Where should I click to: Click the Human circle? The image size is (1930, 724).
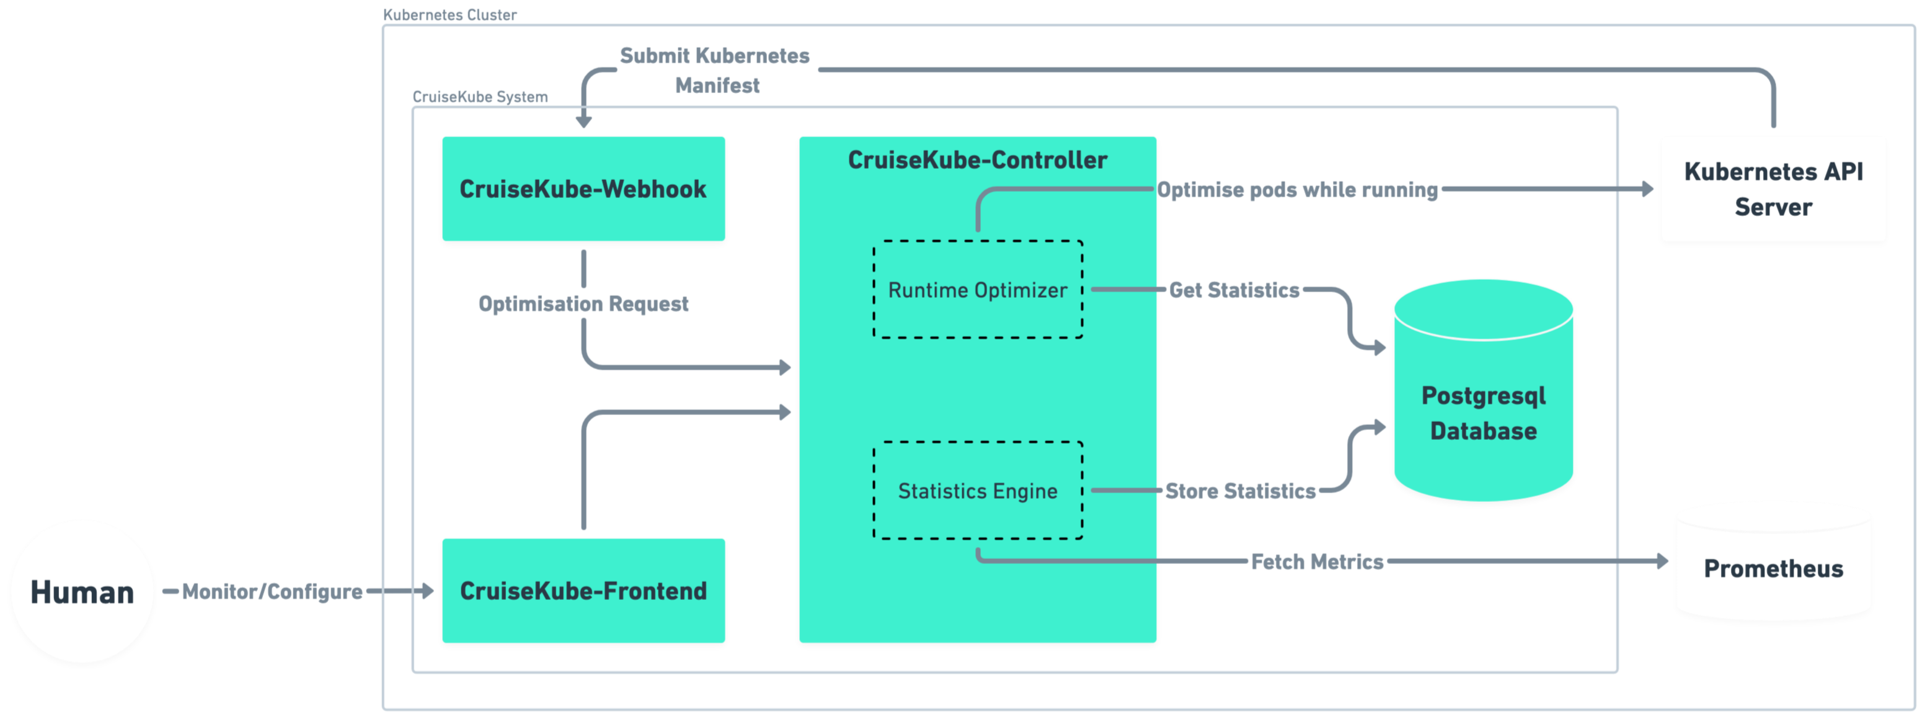82,591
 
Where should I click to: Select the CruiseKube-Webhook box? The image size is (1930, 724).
583,189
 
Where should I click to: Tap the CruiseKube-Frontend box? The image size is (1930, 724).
583,591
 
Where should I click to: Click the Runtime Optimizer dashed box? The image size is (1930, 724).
977,290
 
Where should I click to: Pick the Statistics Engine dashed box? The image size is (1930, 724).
977,491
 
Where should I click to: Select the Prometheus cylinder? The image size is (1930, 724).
1773,568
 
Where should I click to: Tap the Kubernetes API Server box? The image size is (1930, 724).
1773,189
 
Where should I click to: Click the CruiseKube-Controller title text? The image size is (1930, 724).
977,159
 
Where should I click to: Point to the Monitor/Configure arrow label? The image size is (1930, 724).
272,591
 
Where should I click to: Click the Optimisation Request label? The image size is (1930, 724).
583,303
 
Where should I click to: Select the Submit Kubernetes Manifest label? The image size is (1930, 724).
715,69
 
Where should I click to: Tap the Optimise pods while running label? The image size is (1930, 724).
1298,190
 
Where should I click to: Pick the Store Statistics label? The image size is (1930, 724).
1240,491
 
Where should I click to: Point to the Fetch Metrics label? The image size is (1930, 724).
1317,561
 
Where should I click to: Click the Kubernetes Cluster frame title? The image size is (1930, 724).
449,14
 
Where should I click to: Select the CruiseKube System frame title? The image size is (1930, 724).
480,97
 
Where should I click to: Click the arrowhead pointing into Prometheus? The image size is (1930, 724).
1663,561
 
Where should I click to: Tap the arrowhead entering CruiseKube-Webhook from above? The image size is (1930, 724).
583,122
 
